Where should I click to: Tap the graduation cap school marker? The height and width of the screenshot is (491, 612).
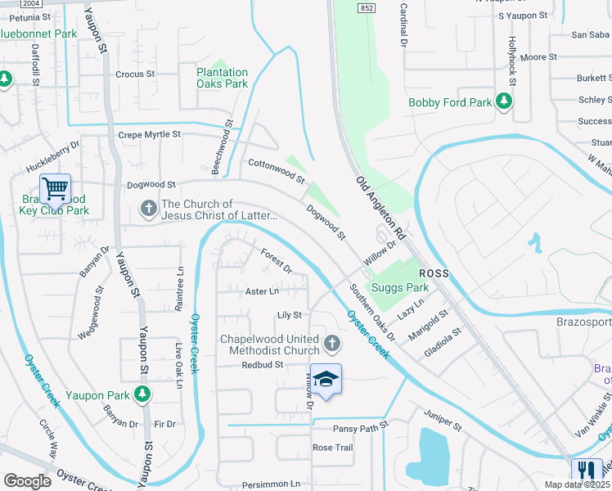(326, 379)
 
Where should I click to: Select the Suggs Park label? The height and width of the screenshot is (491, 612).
(400, 287)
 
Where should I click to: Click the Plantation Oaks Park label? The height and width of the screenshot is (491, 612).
(222, 78)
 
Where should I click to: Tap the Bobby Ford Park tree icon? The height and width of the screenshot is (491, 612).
(505, 101)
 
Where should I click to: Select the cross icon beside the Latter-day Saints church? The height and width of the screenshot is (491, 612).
(149, 209)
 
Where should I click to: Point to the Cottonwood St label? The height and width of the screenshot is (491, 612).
(277, 171)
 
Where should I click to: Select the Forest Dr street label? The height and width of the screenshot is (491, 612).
(277, 260)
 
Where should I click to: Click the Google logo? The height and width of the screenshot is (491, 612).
(27, 481)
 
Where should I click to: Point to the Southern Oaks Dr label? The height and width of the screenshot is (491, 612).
(372, 313)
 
